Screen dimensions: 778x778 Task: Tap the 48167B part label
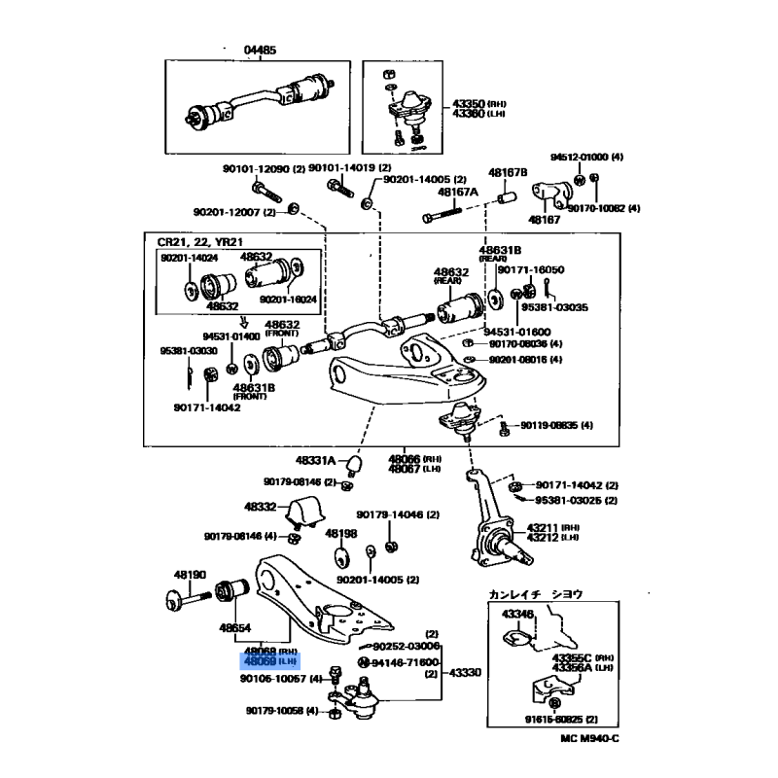click(508, 172)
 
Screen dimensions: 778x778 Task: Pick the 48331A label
click(316, 460)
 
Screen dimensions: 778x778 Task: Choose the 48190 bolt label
click(191, 575)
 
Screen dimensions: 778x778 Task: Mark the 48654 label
click(236, 627)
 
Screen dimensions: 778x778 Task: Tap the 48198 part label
click(341, 534)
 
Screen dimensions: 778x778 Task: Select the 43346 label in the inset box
click(517, 614)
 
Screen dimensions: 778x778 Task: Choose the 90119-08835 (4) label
click(556, 425)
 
